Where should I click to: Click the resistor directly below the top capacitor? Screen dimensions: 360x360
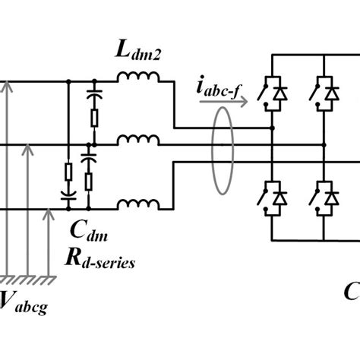pos(94,118)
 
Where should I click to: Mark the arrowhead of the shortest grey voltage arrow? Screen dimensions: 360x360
pos(49,213)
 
